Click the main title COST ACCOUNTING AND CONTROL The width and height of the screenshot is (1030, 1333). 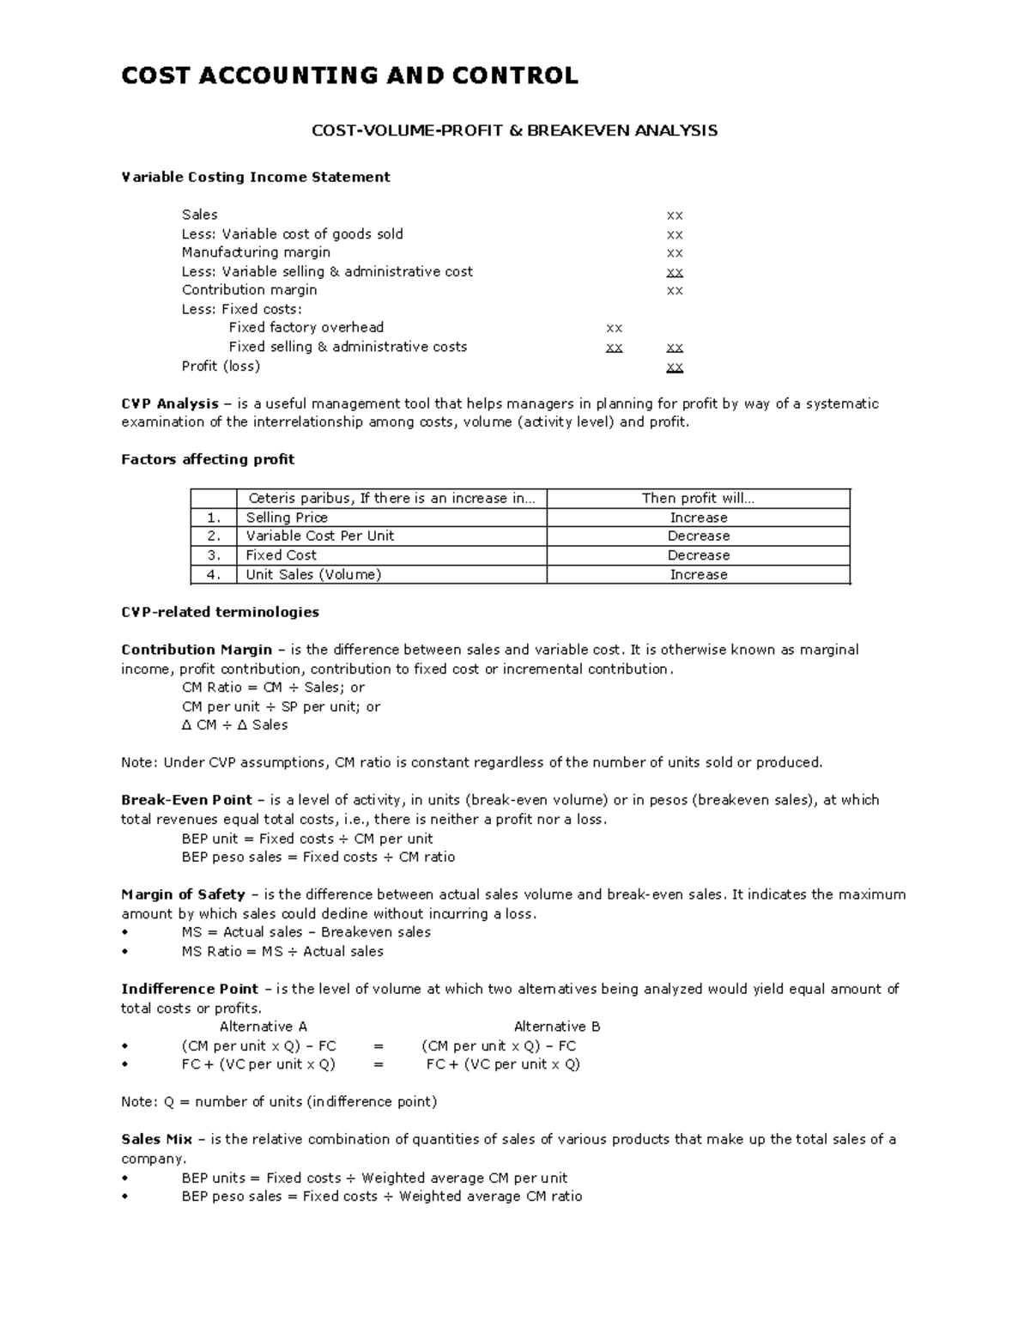(349, 76)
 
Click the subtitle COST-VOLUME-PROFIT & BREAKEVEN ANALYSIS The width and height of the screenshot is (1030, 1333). (513, 130)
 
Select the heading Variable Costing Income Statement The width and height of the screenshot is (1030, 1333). (255, 177)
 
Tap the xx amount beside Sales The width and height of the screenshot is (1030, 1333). (675, 215)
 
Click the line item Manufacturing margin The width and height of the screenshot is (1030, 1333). (256, 252)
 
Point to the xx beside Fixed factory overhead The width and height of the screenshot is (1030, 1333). (614, 328)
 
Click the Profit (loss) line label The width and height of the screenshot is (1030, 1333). (221, 366)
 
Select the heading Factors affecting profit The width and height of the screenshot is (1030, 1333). (208, 459)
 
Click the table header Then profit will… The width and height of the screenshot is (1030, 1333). (698, 499)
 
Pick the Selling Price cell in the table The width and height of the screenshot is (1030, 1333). (287, 518)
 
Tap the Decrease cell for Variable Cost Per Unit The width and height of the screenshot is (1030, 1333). (698, 536)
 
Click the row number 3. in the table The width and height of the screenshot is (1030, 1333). (214, 555)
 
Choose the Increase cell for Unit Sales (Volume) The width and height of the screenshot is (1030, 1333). (698, 575)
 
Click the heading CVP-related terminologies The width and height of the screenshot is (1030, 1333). (220, 612)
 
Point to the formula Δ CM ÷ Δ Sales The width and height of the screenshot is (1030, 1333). (234, 725)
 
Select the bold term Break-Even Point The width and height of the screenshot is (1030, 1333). (186, 800)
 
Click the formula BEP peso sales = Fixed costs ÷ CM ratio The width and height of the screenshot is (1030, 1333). (318, 857)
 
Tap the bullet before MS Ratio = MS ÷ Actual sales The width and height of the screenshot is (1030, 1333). (125, 952)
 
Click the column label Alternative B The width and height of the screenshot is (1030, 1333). (556, 1027)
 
